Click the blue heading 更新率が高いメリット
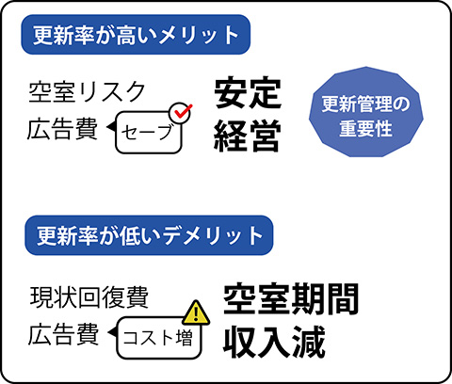136,35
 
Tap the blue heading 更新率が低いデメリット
149,235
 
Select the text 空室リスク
87,92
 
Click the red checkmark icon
183,111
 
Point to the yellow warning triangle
196,312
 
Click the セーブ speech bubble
149,133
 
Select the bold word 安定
248,93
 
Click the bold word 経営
247,136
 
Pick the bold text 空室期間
291,299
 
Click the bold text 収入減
274,342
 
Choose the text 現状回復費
89,296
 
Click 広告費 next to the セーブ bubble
62,129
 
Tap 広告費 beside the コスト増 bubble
63,335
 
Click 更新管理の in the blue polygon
366,104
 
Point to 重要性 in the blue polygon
366,129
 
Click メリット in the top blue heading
199,35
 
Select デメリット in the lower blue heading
213,236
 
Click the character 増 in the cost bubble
185,339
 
